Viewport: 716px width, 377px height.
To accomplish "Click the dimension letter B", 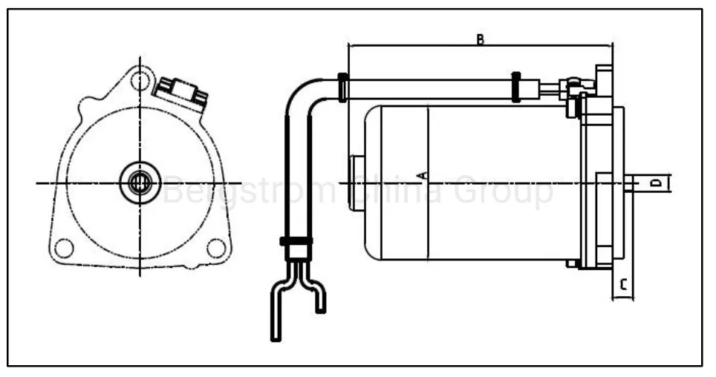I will click(481, 39).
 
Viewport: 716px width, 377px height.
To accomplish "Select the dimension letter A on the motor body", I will click(422, 176).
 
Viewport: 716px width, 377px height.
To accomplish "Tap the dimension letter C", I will click(623, 283).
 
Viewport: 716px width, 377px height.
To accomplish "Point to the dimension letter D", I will click(655, 182).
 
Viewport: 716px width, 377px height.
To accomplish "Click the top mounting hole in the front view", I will click(139, 81).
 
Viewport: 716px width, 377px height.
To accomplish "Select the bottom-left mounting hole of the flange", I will click(65, 248).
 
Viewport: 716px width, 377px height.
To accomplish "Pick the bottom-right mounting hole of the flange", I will click(215, 248).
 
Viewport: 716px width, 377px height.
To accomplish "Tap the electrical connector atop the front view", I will click(181, 93).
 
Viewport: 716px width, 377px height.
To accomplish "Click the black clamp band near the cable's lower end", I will click(296, 240).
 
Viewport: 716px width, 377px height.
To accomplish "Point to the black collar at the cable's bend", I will click(342, 88).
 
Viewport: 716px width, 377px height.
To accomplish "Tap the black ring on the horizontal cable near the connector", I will click(515, 88).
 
